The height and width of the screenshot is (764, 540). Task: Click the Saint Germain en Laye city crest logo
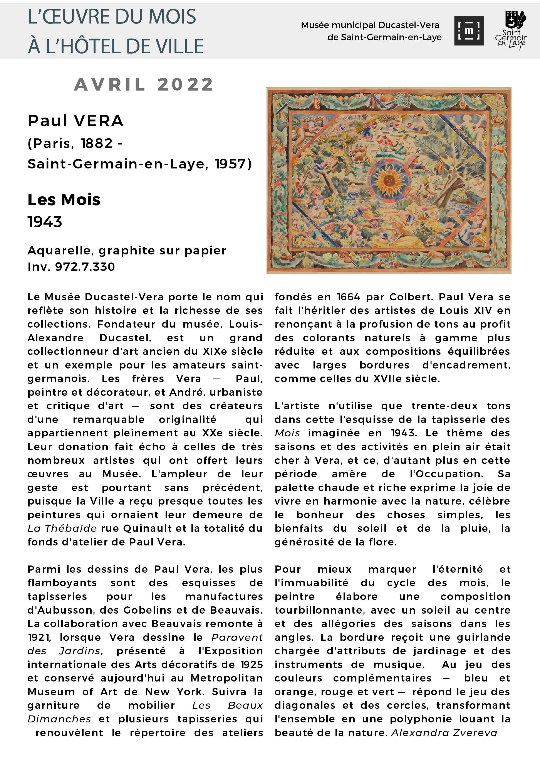(x=511, y=30)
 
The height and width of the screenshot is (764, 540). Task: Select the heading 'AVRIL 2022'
(x=144, y=84)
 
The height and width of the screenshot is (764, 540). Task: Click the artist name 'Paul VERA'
(x=75, y=121)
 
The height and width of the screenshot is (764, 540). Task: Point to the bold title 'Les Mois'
(x=64, y=200)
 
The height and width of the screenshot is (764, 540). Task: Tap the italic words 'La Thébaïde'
(x=62, y=528)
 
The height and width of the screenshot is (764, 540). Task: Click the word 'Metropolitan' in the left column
(x=226, y=678)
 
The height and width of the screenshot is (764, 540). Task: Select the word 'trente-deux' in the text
(x=444, y=406)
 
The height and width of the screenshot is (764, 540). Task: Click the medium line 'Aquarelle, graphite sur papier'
(x=127, y=251)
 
